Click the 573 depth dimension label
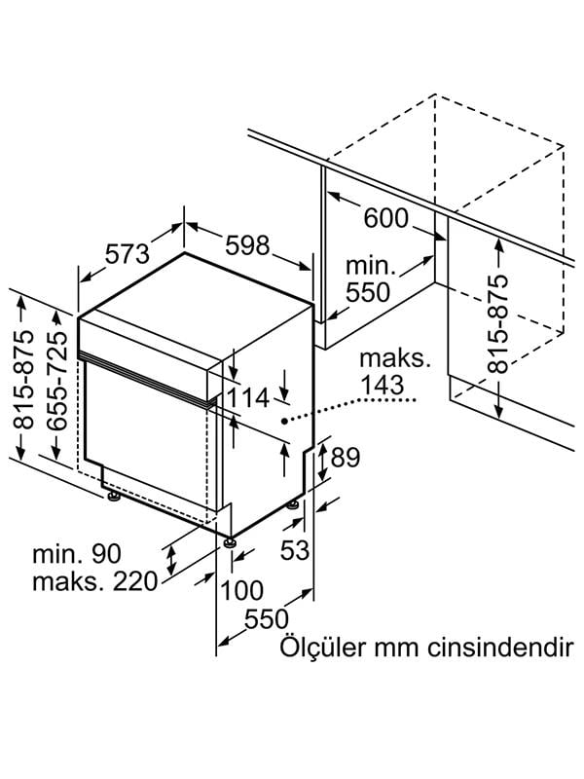[x=127, y=253]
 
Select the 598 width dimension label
[x=247, y=247]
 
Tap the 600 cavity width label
[x=386, y=219]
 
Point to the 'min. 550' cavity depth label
[x=367, y=278]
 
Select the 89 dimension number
[x=347, y=457]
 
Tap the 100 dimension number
[x=240, y=590]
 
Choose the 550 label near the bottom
[x=266, y=619]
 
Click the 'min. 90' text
[x=77, y=555]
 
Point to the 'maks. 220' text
[x=94, y=583]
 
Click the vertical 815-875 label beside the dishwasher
[x=23, y=380]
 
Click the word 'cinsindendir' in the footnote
[x=496, y=649]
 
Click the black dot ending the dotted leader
[x=283, y=421]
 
